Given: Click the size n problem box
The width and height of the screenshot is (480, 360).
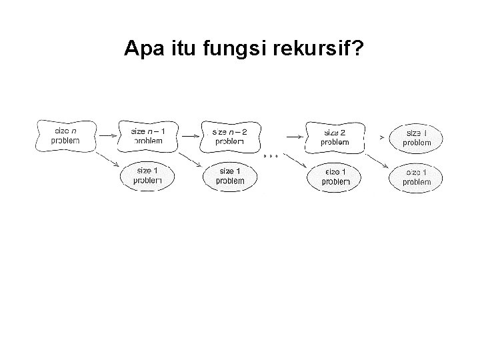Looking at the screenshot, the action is click(66, 136).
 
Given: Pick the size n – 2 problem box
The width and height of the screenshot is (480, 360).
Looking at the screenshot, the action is click(231, 136).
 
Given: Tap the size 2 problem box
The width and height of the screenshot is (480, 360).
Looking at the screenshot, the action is click(334, 137).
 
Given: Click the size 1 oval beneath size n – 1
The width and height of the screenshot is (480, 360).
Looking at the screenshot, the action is click(148, 175).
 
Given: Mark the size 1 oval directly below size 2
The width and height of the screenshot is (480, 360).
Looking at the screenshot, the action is click(334, 176).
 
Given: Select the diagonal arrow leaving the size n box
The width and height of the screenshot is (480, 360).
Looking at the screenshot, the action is click(107, 159).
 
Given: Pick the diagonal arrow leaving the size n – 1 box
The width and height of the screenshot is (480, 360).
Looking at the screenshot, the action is click(190, 159).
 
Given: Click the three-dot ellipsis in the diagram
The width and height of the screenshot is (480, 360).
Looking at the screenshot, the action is click(270, 155).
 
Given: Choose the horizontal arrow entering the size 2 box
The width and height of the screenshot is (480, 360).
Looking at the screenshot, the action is click(293, 135).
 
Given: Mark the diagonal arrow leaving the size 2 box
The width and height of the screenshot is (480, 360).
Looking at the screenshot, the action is click(377, 159).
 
